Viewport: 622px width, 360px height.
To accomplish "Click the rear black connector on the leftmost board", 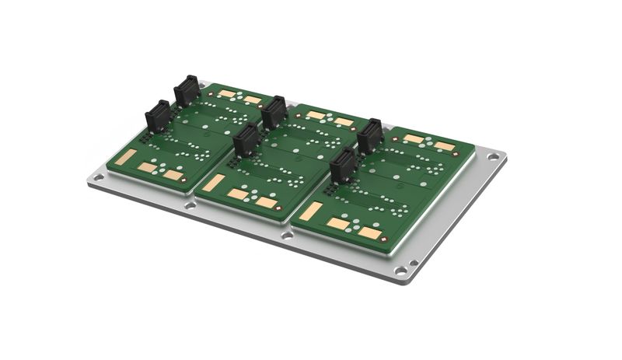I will tap(187, 90).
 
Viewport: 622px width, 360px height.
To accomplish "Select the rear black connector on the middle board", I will tap(274, 113).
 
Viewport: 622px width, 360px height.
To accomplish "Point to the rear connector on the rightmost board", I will tap(370, 135).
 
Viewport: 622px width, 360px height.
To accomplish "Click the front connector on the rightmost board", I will tap(343, 165).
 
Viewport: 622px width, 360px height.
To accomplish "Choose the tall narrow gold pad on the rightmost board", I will tap(311, 210).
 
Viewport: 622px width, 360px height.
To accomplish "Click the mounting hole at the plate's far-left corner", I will tap(97, 178).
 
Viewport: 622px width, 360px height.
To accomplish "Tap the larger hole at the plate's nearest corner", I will tap(400, 271).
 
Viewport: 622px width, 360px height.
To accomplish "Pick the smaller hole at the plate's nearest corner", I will tap(413, 263).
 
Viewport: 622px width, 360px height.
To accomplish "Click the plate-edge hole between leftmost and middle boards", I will tap(190, 206).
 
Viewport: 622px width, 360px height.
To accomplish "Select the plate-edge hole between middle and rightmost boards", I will tap(288, 234).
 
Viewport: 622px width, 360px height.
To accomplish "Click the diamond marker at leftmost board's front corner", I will tap(186, 184).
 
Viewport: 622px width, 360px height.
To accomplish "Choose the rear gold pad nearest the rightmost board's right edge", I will tap(444, 145).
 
